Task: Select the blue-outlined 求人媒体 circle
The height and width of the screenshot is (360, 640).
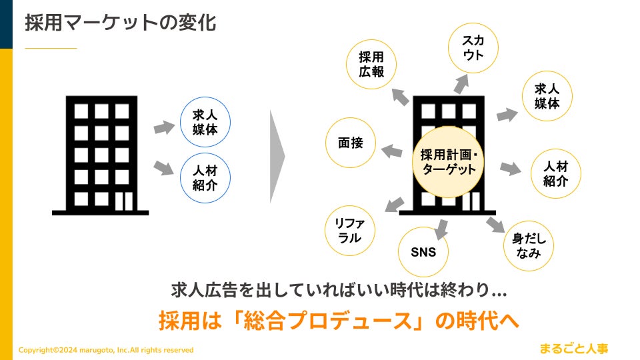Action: pyautogui.click(x=205, y=122)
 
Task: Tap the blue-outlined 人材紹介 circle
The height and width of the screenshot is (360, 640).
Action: pyautogui.click(x=205, y=178)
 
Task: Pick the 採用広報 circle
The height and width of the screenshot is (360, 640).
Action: pyautogui.click(x=371, y=65)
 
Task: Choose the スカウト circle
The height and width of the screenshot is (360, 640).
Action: pyautogui.click(x=473, y=48)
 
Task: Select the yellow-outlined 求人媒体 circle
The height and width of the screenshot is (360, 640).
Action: pyautogui.click(x=547, y=96)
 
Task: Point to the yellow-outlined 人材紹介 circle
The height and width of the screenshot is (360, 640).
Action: pyautogui.click(x=555, y=173)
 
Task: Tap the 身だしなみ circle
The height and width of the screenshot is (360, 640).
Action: pyautogui.click(x=529, y=245)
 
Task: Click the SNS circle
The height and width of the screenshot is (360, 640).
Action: pyautogui.click(x=423, y=252)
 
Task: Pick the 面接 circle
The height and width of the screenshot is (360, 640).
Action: pyautogui.click(x=351, y=143)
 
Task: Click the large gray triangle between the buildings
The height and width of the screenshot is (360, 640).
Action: pyautogui.click(x=277, y=156)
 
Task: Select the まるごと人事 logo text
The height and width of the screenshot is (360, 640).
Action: pyautogui.click(x=575, y=347)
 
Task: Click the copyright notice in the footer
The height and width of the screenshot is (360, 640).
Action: pyautogui.click(x=106, y=350)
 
